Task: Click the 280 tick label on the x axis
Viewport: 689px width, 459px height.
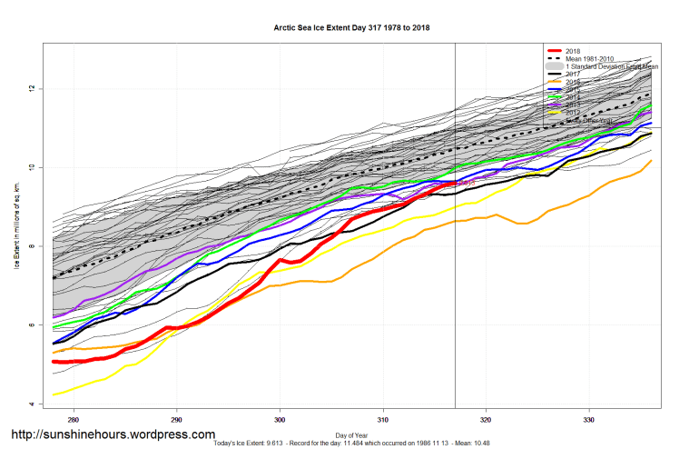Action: [x=74, y=419]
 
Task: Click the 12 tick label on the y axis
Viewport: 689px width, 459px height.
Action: [x=34, y=88]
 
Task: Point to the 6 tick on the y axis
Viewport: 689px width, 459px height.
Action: [x=34, y=324]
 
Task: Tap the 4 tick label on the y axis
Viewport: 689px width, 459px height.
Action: [x=34, y=404]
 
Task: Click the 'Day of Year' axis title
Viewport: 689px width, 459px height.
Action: [x=351, y=434]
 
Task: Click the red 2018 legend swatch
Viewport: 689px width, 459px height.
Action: [x=553, y=51]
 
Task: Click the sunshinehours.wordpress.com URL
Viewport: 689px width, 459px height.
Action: [x=113, y=435]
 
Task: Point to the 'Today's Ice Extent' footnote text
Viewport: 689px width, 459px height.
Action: [x=351, y=444]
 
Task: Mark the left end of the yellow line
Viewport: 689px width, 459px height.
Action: [x=54, y=394]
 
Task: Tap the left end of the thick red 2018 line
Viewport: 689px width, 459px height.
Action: [x=54, y=362]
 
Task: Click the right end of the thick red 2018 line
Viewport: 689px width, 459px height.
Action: [x=455, y=182]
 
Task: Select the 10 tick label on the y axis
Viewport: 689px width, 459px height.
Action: [x=33, y=167]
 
